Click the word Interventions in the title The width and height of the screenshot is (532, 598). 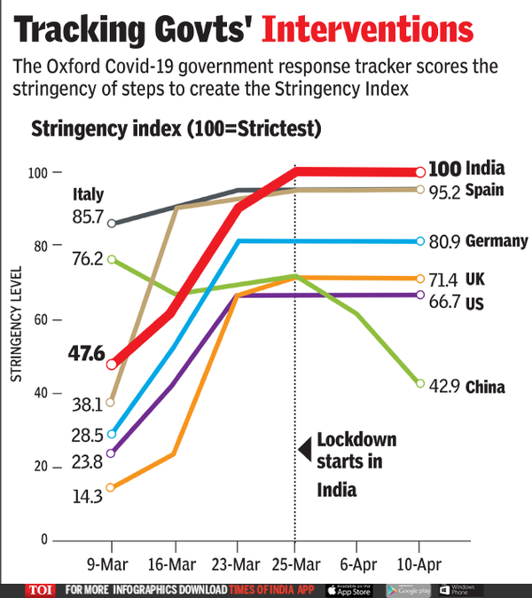tap(368, 29)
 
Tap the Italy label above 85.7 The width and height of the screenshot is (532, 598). tap(89, 194)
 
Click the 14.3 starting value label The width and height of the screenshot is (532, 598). tap(88, 497)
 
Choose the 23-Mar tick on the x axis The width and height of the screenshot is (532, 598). tap(236, 564)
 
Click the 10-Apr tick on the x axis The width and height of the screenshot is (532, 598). tap(419, 564)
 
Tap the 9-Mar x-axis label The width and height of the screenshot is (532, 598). tap(112, 564)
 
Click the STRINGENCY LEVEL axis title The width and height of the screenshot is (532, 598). tap(15, 328)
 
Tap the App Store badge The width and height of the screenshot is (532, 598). tap(348, 590)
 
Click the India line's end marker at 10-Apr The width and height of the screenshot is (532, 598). tap(419, 172)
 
